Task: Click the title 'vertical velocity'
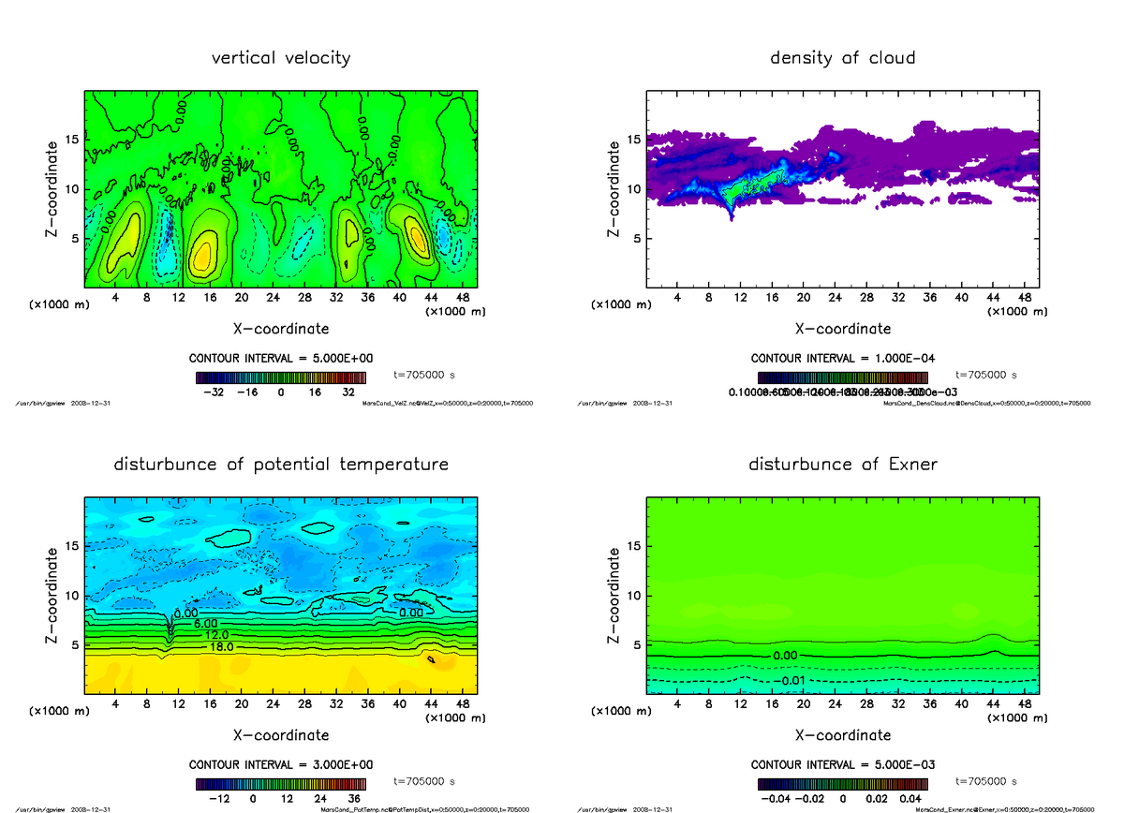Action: (x=281, y=58)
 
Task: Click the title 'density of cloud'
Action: (x=842, y=58)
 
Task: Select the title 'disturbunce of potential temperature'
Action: (x=281, y=465)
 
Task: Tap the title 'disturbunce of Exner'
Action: (x=842, y=465)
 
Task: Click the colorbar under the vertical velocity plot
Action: (x=281, y=377)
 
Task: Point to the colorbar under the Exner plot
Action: (x=842, y=783)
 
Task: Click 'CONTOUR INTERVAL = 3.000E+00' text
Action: (x=281, y=764)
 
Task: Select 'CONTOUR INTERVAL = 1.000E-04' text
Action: (x=842, y=359)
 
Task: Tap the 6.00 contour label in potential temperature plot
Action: (x=205, y=623)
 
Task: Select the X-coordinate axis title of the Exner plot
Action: (x=842, y=735)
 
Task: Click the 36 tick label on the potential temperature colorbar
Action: (x=356, y=799)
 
